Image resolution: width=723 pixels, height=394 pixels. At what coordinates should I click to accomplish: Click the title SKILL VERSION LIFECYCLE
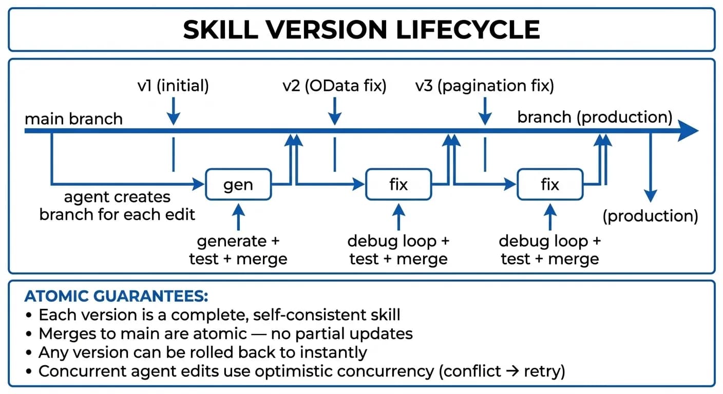pos(361,30)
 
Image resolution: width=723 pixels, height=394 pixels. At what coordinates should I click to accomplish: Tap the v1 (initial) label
pos(173,86)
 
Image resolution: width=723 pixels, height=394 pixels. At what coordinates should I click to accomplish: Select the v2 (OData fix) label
pos(334,86)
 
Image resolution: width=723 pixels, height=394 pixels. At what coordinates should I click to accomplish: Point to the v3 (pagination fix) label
pos(484,86)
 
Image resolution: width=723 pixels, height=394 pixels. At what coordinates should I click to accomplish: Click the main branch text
pos(73,119)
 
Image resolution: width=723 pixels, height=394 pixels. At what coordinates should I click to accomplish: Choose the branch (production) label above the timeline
pos(595,117)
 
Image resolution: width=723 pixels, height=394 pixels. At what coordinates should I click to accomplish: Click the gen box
pos(238,184)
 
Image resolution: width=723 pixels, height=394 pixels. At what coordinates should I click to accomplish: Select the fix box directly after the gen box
pos(398,184)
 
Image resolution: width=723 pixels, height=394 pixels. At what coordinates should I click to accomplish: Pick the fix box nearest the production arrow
pos(550,184)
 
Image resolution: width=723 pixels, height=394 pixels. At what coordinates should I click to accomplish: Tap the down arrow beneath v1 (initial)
pos(174,111)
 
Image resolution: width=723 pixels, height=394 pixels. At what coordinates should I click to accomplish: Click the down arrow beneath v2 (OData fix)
pos(334,111)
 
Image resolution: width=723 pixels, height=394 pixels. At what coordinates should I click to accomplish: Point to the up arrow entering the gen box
pos(238,215)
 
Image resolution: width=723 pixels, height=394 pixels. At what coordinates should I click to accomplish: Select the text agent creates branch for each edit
pos(117,206)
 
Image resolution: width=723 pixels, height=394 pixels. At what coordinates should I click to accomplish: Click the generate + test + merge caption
pos(238,250)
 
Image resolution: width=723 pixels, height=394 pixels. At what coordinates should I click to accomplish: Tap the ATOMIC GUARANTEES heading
pos(116,297)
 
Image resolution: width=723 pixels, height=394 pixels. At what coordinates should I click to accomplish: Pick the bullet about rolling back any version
pos(203,352)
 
